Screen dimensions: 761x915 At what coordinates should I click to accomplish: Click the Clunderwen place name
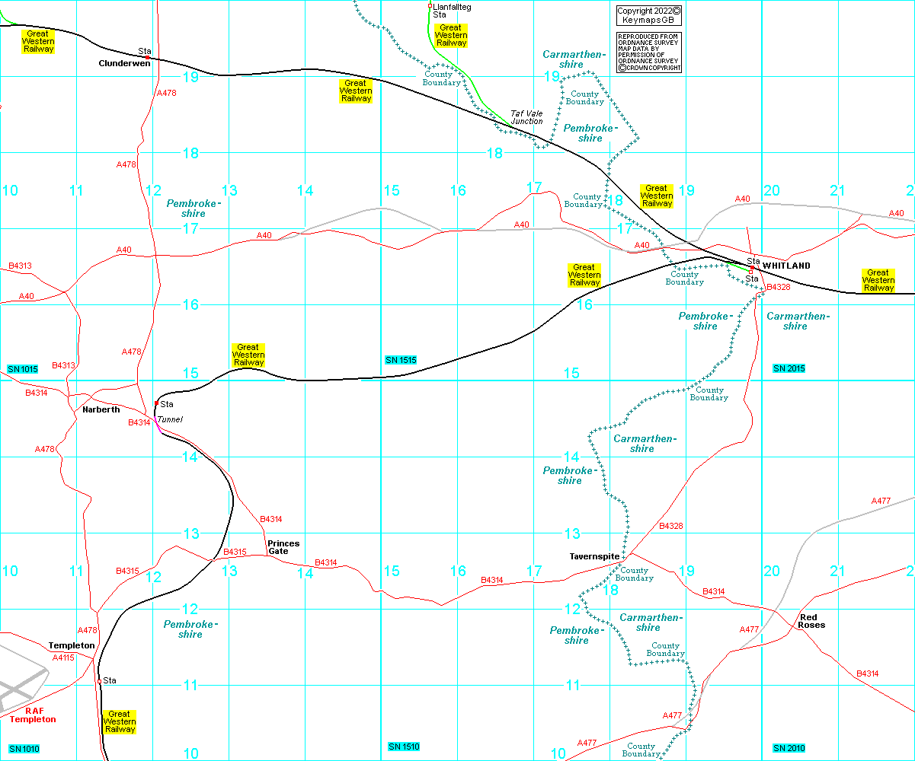tap(124, 64)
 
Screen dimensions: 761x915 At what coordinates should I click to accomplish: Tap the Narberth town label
tap(101, 409)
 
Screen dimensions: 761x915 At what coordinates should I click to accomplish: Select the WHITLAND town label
tap(786, 266)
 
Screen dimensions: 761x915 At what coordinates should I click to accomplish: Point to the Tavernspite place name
tap(595, 556)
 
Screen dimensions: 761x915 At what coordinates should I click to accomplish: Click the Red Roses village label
tap(811, 621)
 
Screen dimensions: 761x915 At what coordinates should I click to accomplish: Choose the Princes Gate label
tap(283, 547)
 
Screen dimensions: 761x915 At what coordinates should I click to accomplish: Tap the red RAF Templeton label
tap(33, 715)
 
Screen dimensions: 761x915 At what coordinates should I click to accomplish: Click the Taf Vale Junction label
tap(526, 117)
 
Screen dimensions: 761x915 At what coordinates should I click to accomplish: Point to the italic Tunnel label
tap(170, 419)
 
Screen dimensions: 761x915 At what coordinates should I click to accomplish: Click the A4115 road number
tap(64, 658)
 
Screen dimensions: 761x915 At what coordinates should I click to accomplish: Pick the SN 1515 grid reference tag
tap(401, 360)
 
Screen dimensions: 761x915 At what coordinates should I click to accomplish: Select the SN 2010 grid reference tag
tap(789, 749)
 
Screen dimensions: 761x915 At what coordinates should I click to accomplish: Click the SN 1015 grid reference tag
tap(23, 369)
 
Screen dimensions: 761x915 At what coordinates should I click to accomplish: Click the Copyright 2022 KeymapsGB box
tap(648, 15)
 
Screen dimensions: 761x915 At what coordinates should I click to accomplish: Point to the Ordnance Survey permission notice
tap(648, 53)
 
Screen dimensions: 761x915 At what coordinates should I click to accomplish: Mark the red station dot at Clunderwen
tap(147, 57)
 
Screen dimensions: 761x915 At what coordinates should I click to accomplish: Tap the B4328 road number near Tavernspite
tap(670, 526)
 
